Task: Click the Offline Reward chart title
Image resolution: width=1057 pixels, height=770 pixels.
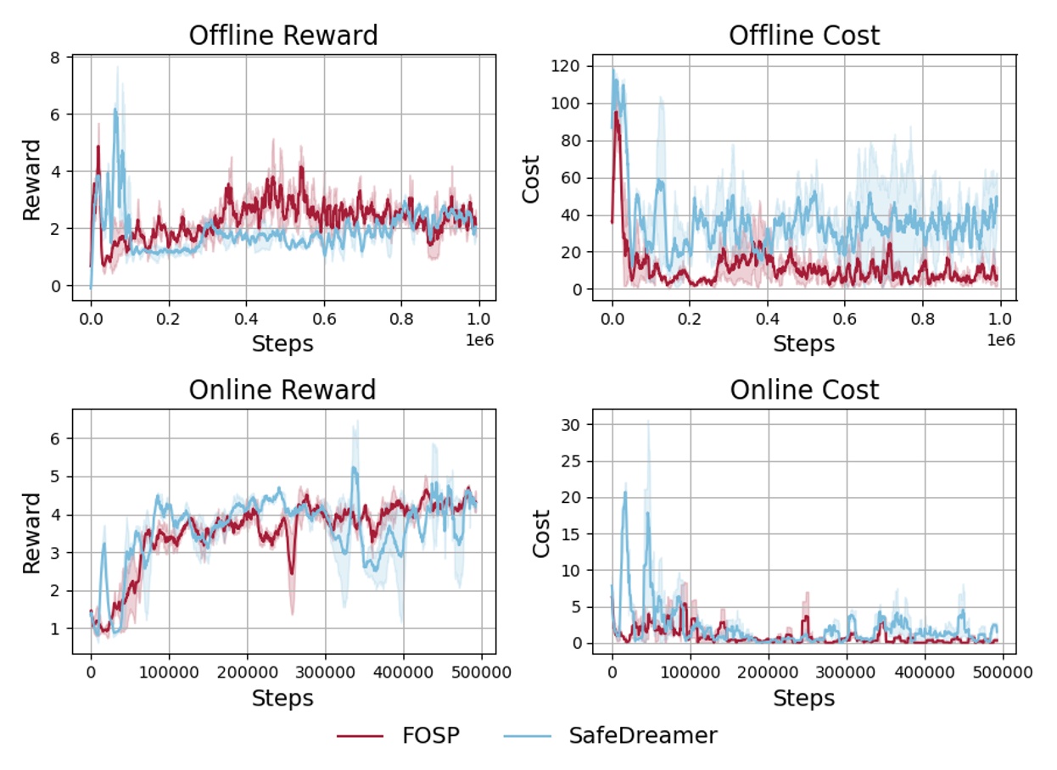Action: pyautogui.click(x=283, y=36)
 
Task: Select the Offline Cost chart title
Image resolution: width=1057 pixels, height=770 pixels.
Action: pyautogui.click(x=804, y=36)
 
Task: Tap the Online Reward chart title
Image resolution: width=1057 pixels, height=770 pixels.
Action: pyautogui.click(x=282, y=390)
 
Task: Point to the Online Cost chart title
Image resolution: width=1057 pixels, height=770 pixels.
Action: pyautogui.click(x=804, y=390)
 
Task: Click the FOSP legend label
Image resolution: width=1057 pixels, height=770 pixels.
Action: pyautogui.click(x=430, y=735)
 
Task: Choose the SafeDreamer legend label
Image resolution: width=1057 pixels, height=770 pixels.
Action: pyautogui.click(x=642, y=735)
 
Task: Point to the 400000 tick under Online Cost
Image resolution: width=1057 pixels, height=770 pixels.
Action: pyautogui.click(x=924, y=672)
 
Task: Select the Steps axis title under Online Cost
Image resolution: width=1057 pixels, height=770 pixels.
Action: pyautogui.click(x=804, y=698)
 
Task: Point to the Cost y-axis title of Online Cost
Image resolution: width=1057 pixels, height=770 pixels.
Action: pyautogui.click(x=540, y=533)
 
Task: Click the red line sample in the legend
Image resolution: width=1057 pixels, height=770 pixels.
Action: pyautogui.click(x=359, y=736)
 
